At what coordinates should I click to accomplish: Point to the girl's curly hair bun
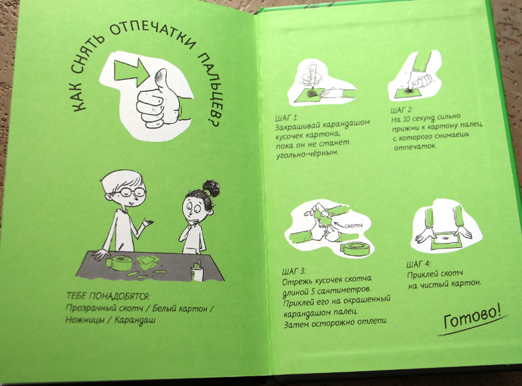pyautogui.click(x=211, y=187)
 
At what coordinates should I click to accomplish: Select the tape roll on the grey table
pyautogui.click(x=119, y=263)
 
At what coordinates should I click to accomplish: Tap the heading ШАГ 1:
pyautogui.click(x=286, y=118)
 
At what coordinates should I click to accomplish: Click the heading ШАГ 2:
pyautogui.click(x=402, y=110)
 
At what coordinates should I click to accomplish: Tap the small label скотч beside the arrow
pyautogui.click(x=353, y=226)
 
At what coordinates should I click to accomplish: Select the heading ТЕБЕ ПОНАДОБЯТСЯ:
pyautogui.click(x=108, y=296)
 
